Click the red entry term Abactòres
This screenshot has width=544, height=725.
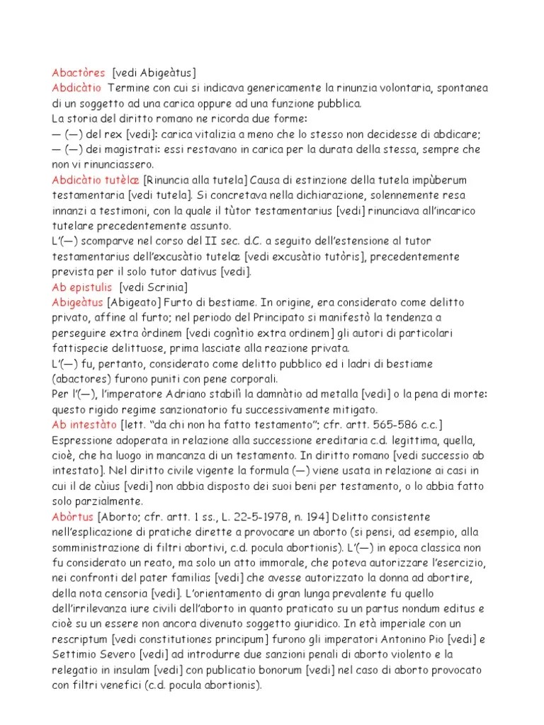[x=78, y=73]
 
